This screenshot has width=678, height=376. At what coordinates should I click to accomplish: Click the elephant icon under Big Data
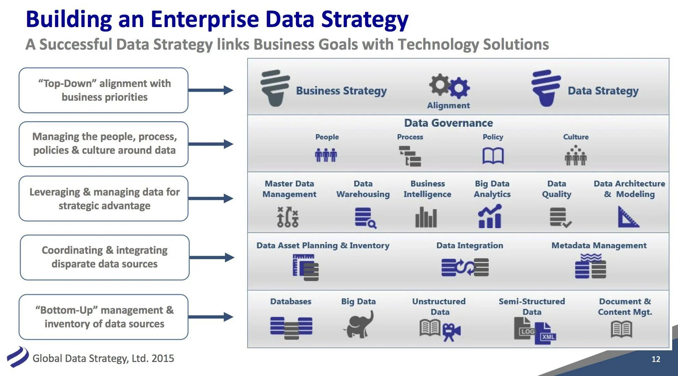359,325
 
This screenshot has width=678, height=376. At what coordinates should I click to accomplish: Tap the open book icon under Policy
493,156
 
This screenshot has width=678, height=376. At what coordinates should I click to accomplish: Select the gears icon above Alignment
449,86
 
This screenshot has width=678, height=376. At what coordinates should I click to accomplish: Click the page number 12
656,359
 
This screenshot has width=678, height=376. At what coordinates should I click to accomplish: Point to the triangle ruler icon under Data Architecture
628,217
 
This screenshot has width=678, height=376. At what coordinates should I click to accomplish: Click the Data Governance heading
448,123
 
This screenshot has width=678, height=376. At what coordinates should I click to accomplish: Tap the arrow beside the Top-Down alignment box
211,90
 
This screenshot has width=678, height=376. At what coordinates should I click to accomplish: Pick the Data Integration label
469,245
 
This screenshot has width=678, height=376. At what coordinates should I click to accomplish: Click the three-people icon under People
326,155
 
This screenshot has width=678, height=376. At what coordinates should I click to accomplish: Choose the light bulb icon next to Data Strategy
546,88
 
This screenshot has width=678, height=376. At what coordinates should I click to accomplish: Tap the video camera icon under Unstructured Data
451,332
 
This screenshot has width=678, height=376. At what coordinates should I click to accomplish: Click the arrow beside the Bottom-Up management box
211,317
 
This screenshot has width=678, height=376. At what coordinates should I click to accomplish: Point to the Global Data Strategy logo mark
18,357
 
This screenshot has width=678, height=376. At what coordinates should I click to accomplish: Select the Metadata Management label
599,245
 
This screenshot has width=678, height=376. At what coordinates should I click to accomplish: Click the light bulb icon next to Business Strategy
275,88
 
